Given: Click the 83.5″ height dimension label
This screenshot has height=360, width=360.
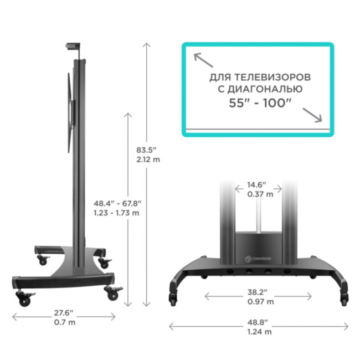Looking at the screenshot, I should click(147, 150).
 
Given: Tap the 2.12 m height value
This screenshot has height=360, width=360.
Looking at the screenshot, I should click(147, 160).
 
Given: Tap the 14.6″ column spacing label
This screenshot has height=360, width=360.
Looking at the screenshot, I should click(256, 184).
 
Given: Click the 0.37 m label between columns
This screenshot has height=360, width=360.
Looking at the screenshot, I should click(256, 194).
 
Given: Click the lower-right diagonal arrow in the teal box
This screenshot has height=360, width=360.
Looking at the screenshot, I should click(313, 114).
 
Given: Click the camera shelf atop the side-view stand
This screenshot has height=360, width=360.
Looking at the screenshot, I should click(75, 47).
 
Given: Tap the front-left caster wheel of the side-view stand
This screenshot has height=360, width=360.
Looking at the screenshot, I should click(24, 300).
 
